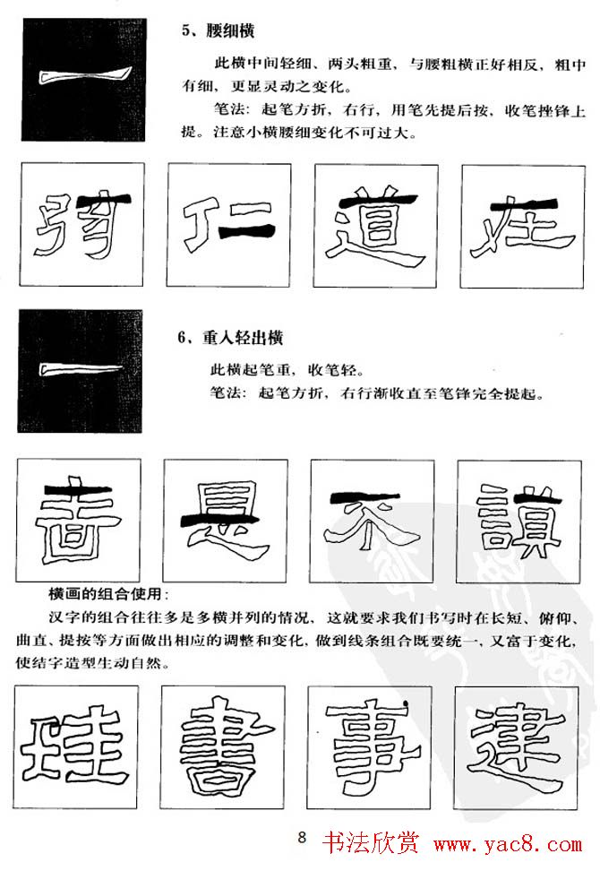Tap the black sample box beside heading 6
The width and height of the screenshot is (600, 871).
pyautogui.click(x=80, y=371)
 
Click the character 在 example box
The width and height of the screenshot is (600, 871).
pyautogui.click(x=523, y=224)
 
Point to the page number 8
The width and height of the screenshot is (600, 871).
pyautogui.click(x=302, y=838)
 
